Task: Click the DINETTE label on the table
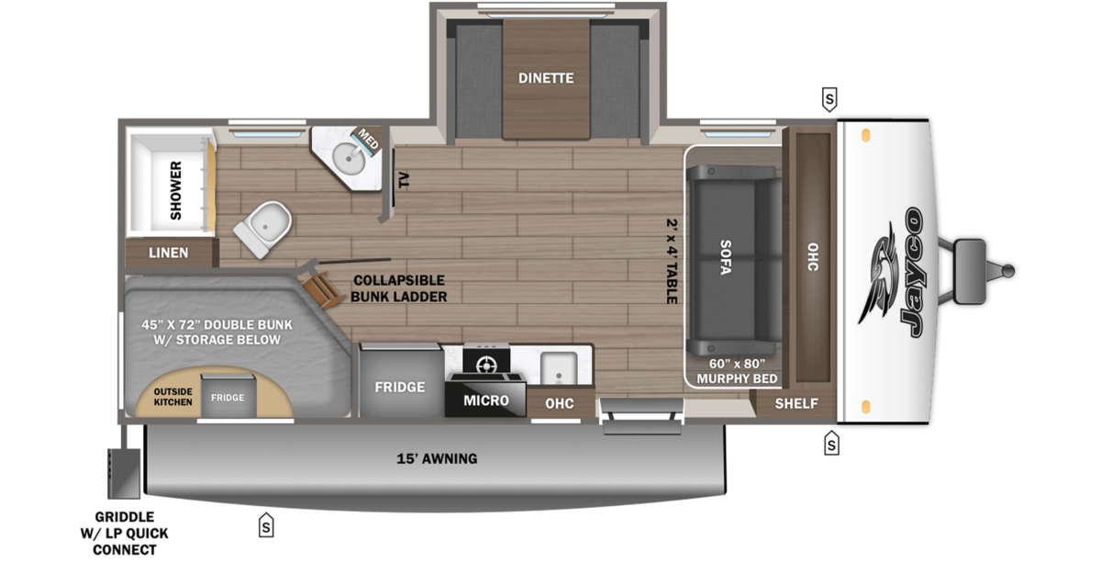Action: pos(546,78)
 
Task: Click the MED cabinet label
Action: pos(368,139)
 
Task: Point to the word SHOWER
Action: pos(175,190)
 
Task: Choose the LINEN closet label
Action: pos(169,253)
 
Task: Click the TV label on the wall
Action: pos(404,180)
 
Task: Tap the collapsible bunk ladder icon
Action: pos(322,290)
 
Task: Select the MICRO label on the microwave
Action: pos(486,400)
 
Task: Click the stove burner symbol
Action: pos(486,366)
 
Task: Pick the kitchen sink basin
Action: pos(559,367)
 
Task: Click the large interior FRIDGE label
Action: pos(400,388)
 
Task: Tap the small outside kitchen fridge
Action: pos(228,395)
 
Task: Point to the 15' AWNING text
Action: pos(437,458)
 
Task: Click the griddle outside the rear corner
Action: pos(124,473)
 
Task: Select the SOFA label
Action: pos(726,257)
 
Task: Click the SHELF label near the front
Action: pos(796,403)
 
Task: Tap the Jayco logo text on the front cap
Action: pos(913,272)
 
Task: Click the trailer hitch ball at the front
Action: pos(1008,271)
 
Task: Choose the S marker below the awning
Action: pos(266,525)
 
